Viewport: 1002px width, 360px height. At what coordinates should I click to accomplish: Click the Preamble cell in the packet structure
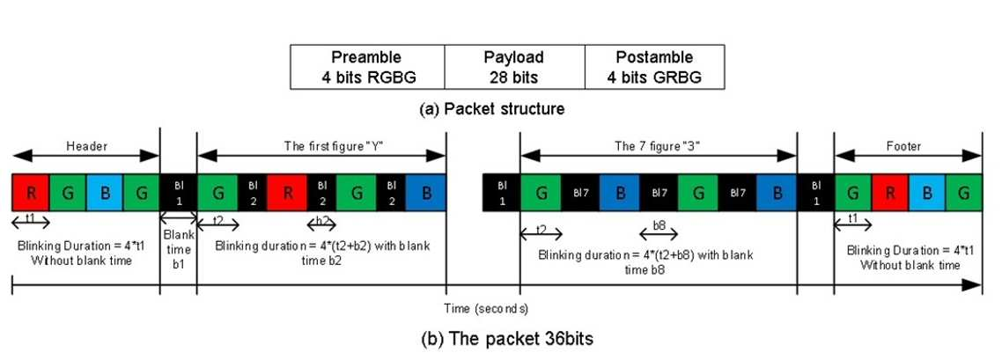[367, 67]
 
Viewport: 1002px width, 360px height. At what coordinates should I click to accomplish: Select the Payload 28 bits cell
[514, 67]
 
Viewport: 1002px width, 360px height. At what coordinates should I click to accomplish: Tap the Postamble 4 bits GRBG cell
[655, 67]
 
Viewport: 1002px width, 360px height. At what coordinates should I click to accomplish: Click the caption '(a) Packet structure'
[491, 108]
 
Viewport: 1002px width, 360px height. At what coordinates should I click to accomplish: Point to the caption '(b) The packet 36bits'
[507, 338]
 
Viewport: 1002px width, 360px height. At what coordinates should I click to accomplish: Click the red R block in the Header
[31, 192]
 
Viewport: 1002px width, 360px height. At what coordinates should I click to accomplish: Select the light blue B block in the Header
[105, 192]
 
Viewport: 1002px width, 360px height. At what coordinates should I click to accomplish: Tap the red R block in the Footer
[889, 192]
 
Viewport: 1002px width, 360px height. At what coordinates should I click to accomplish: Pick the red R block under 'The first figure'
[287, 192]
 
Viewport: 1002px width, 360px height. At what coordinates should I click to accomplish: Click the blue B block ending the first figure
[425, 192]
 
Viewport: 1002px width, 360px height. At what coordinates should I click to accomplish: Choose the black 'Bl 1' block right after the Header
[178, 192]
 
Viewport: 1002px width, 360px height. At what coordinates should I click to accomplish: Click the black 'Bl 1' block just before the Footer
[815, 192]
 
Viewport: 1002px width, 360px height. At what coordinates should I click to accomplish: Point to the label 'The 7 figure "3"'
[658, 146]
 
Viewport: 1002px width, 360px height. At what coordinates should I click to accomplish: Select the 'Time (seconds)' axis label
[486, 309]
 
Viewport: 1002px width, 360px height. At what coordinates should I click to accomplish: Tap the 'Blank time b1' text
[178, 249]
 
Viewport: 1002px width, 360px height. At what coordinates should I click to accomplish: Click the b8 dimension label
[659, 225]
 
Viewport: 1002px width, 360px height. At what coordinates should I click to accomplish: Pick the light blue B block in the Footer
[926, 192]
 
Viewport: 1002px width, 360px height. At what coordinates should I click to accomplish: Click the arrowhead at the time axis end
[974, 285]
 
